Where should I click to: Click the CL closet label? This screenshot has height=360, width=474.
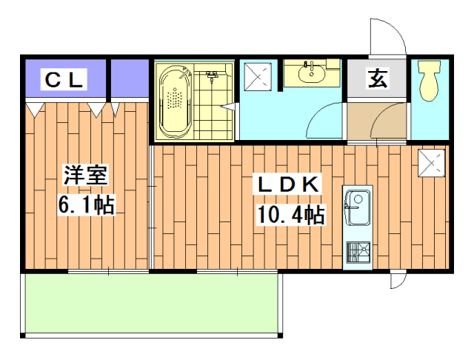[65, 79]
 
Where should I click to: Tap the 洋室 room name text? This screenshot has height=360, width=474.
[85, 176]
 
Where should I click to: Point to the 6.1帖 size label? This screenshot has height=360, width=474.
[85, 204]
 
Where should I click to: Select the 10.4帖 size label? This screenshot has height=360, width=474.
[290, 215]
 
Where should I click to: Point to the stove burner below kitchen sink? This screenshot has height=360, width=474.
[358, 253]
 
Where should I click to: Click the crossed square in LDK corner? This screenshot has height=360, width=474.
[431, 162]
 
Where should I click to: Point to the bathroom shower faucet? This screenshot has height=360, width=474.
[213, 75]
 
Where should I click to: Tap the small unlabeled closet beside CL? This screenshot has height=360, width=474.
[130, 79]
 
